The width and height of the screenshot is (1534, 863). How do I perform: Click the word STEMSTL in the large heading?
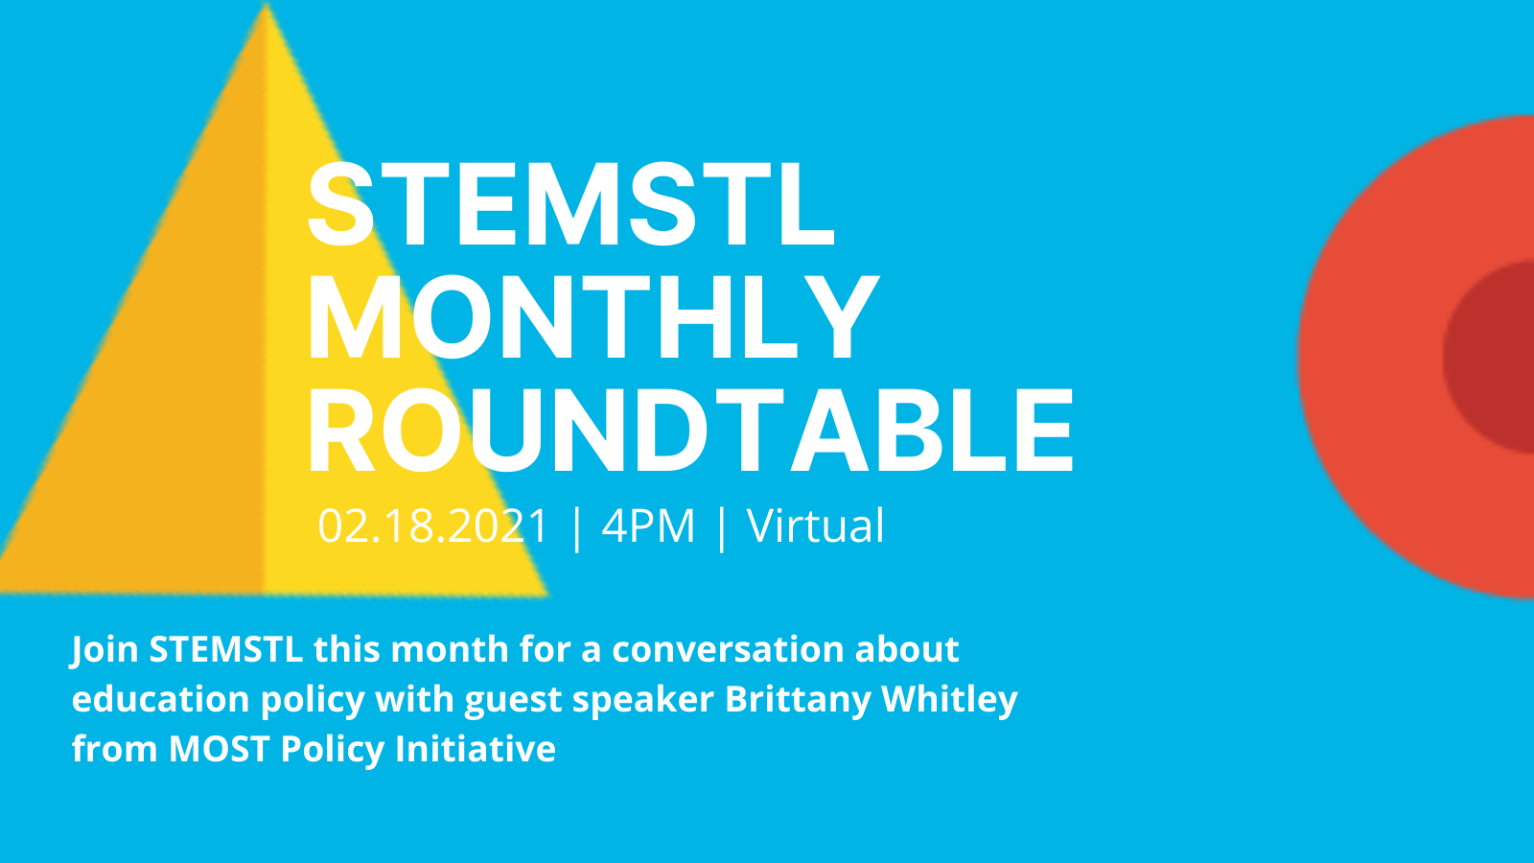[571, 204]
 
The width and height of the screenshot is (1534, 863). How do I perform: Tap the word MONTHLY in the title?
[593, 317]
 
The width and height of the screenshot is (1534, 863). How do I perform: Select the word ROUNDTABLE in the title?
[690, 431]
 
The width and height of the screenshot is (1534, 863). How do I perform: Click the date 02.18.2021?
[433, 526]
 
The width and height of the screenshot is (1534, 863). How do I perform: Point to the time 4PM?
[648, 526]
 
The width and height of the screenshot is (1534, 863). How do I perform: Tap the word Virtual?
[816, 526]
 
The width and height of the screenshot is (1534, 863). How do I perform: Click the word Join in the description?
[105, 650]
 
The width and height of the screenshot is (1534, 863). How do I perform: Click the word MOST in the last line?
[219, 749]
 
